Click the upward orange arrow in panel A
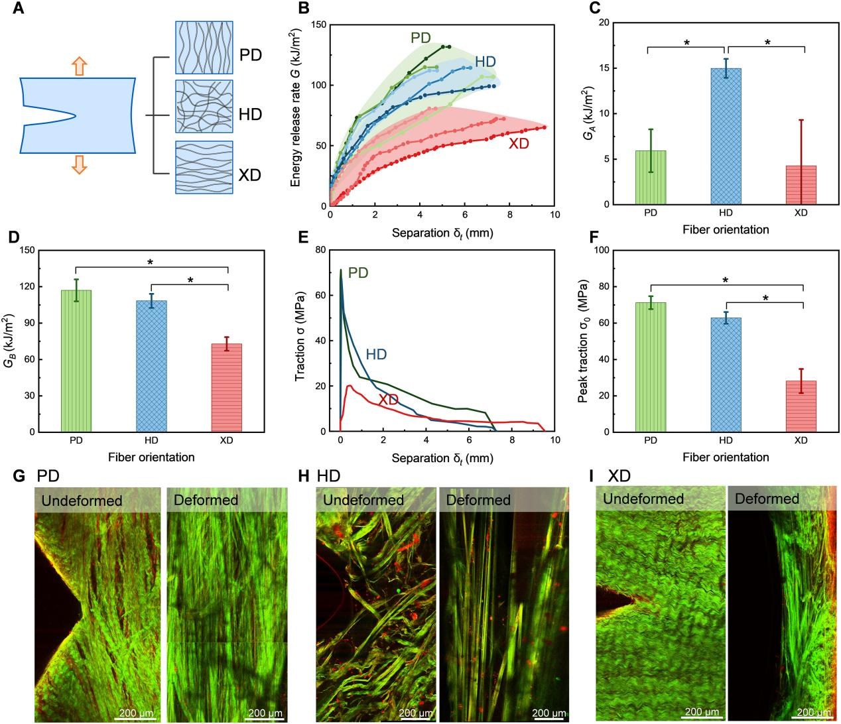click(79, 66)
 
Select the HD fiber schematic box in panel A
click(204, 107)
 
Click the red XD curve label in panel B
click(519, 143)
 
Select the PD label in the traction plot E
click(359, 272)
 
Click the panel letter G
click(19, 476)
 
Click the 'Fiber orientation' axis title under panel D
click(151, 457)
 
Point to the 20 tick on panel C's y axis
click(604, 23)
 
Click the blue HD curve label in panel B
click(485, 62)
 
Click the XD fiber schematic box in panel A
click(204, 167)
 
